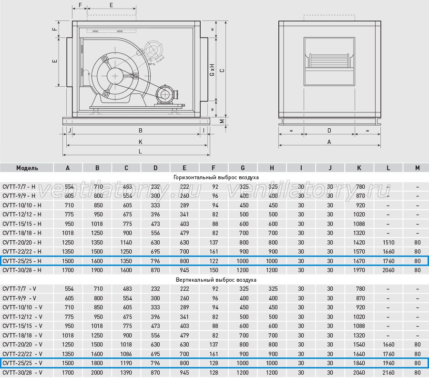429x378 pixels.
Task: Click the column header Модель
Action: tap(27, 168)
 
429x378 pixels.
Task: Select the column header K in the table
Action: tap(359, 168)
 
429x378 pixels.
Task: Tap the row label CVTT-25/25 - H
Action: tap(22, 261)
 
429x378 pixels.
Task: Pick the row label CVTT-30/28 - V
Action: tap(22, 373)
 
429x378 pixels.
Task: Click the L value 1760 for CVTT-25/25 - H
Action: tap(388, 261)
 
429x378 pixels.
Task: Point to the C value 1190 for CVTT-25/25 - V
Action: tap(126, 363)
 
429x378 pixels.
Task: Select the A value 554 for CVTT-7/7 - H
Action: tap(69, 187)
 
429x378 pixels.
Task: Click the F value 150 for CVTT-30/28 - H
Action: tap(214, 270)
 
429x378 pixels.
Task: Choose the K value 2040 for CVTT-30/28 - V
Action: tap(359, 373)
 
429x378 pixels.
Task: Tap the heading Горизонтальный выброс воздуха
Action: tap(216, 177)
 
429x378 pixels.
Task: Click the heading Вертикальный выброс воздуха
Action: tap(216, 280)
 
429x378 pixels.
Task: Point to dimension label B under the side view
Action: tap(140, 131)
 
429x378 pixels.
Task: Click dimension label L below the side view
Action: tap(140, 152)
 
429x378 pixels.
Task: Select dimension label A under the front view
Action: tap(329, 142)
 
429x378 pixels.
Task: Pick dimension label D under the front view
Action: tap(329, 131)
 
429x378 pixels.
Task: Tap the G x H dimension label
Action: tap(212, 70)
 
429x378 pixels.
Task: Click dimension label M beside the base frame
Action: tap(222, 121)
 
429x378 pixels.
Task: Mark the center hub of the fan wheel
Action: tap(115, 76)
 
